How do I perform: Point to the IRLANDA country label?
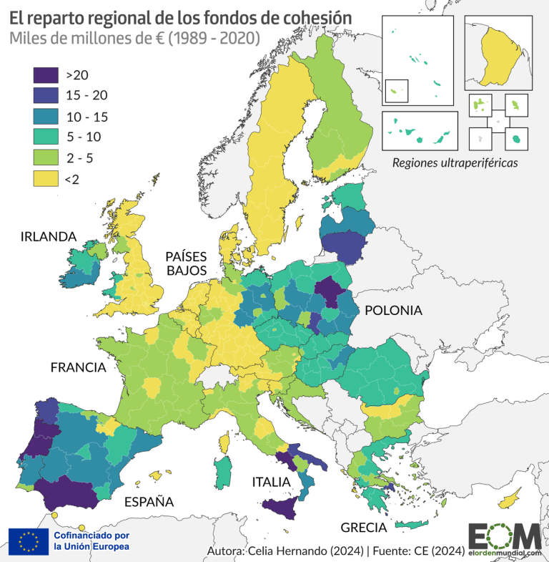[49, 236]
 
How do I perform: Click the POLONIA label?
[393, 311]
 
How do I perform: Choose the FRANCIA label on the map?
[78, 368]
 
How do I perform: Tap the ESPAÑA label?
[149, 500]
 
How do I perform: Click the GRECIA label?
[363, 528]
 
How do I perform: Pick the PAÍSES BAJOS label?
[186, 263]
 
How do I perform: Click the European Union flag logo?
[29, 541]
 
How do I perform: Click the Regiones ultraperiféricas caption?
[455, 163]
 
